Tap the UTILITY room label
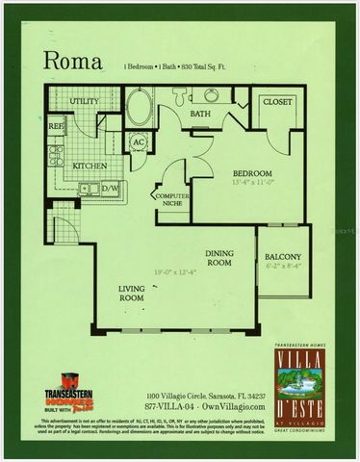coord(83,100)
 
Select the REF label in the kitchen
coord(56,126)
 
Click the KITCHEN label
coord(90,166)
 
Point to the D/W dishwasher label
coord(109,188)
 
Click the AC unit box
coord(138,143)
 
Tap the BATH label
coord(199,114)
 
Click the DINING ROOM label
coord(219,258)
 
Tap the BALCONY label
coord(283,257)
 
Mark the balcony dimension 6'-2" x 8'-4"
coord(283,268)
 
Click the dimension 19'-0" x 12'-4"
coord(184,272)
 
